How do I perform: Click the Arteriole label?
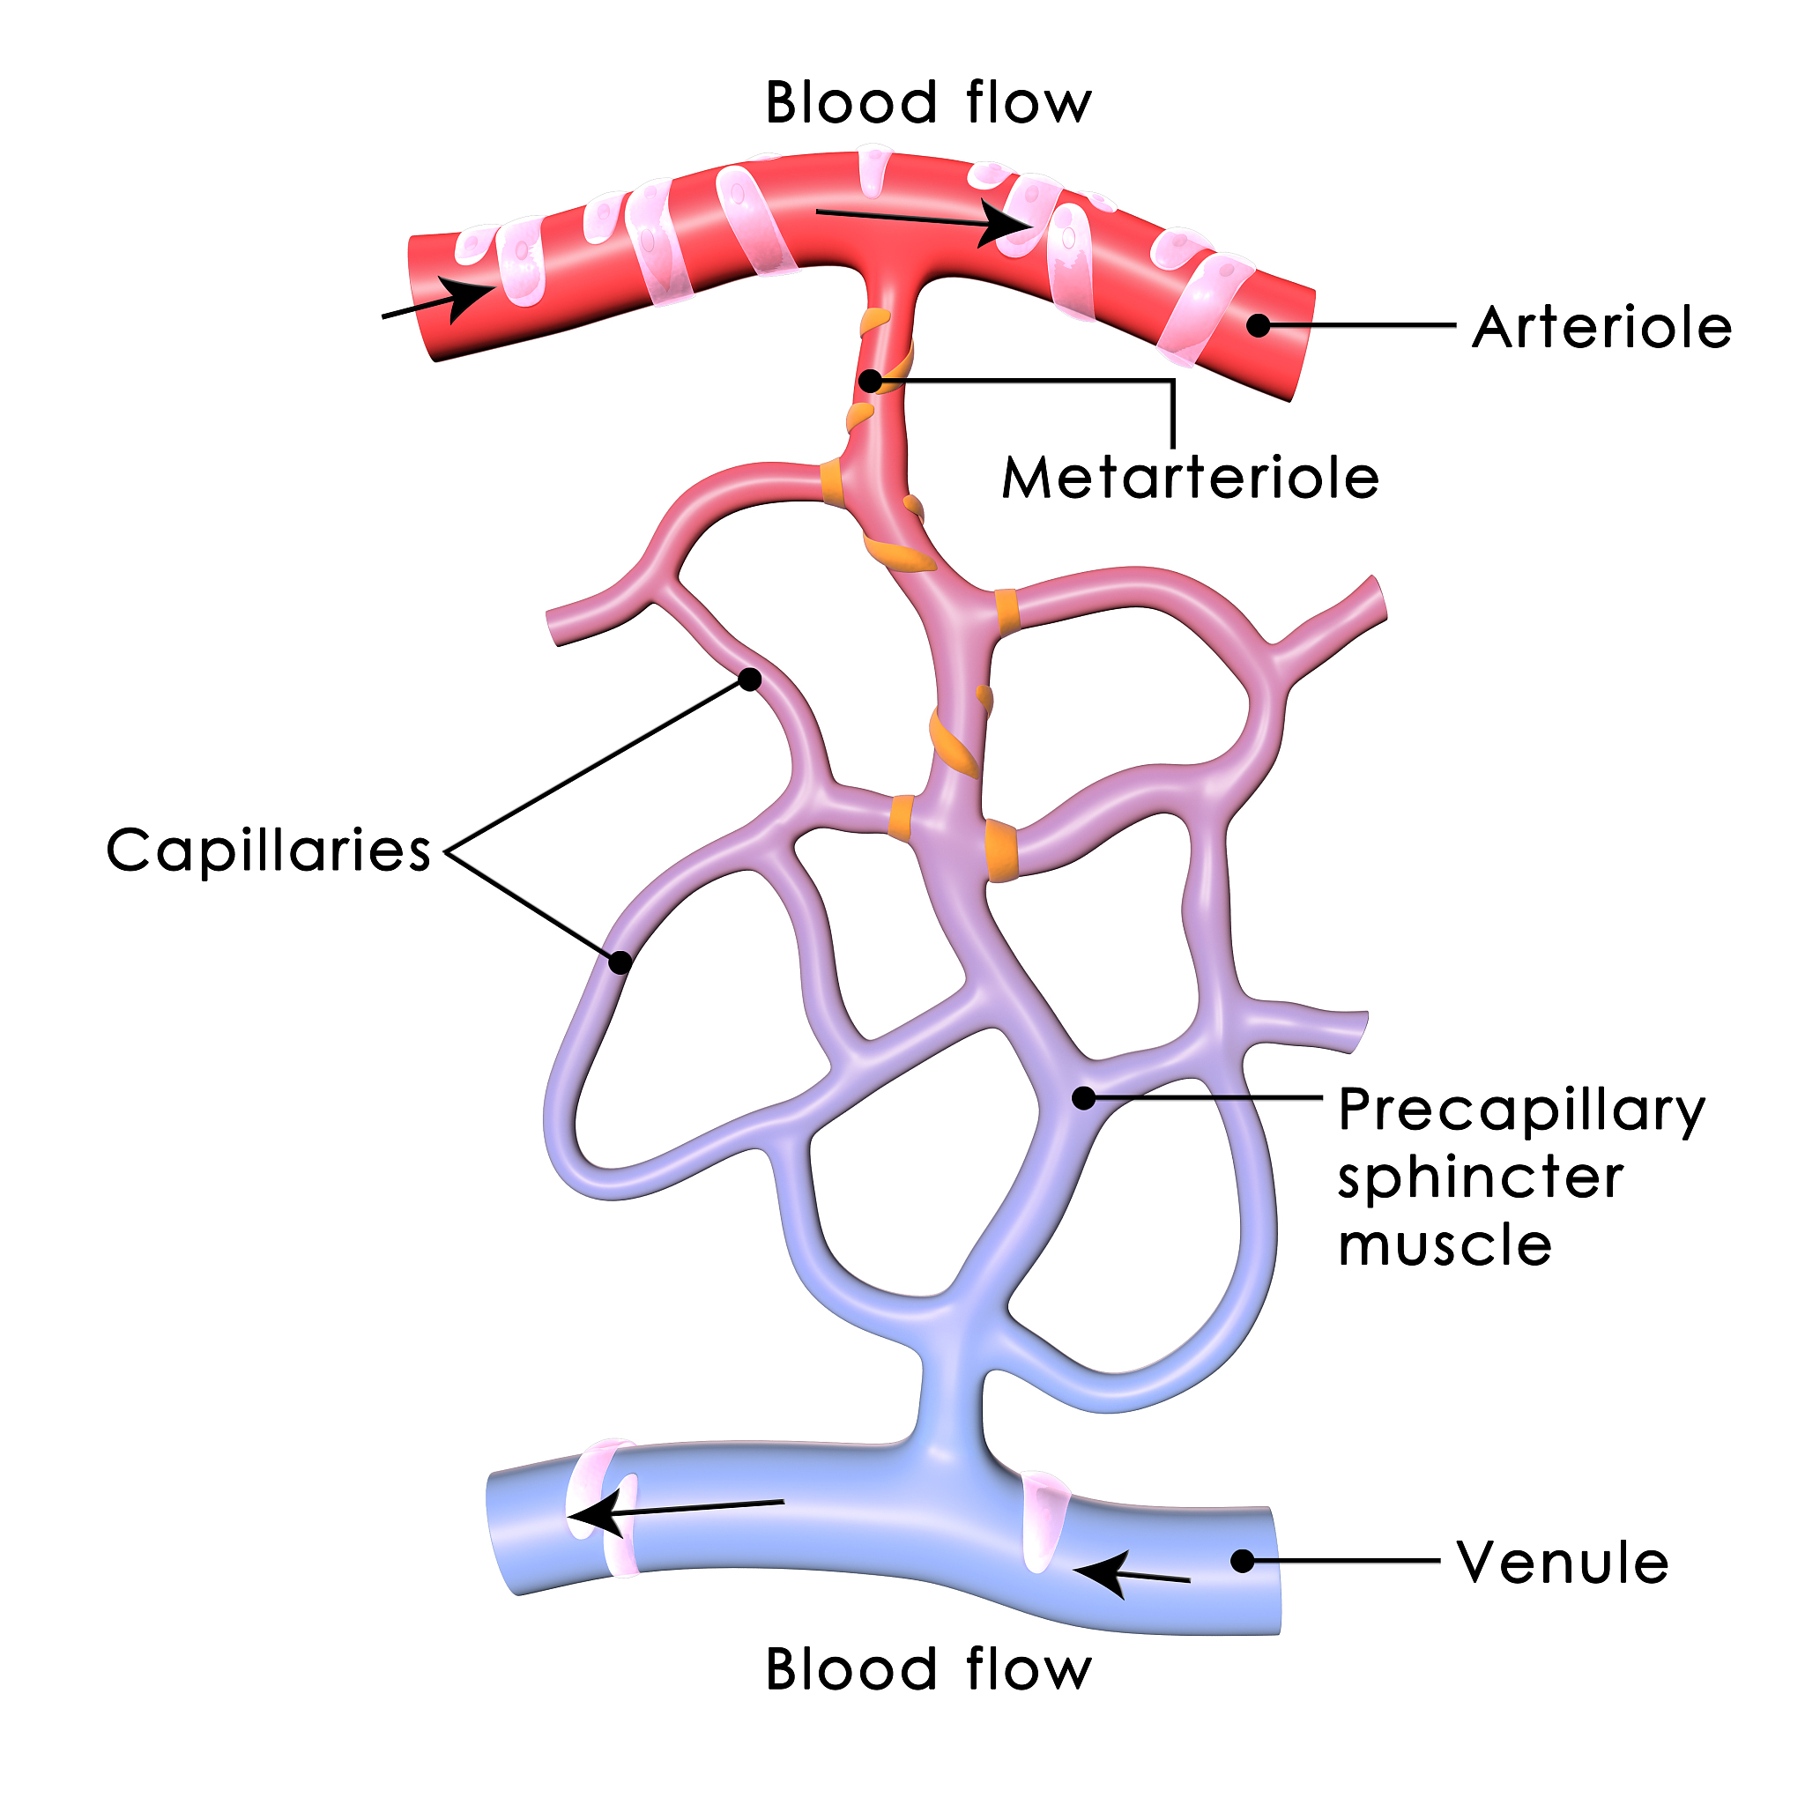(x=1601, y=328)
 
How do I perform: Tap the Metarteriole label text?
(x=1189, y=479)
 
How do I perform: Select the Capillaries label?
(x=268, y=851)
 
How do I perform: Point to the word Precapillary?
(x=1521, y=1111)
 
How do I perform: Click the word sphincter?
(x=1480, y=1179)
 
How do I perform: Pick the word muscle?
(x=1445, y=1246)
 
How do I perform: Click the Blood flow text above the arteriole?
(x=928, y=103)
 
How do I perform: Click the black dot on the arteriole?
(x=1259, y=325)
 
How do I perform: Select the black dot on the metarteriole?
(x=871, y=381)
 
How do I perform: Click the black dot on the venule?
(x=1242, y=1561)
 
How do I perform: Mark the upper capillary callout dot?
(x=749, y=680)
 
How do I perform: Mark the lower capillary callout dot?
(x=620, y=962)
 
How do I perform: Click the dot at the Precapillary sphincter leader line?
(x=1084, y=1098)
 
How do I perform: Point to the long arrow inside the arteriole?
(x=925, y=220)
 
